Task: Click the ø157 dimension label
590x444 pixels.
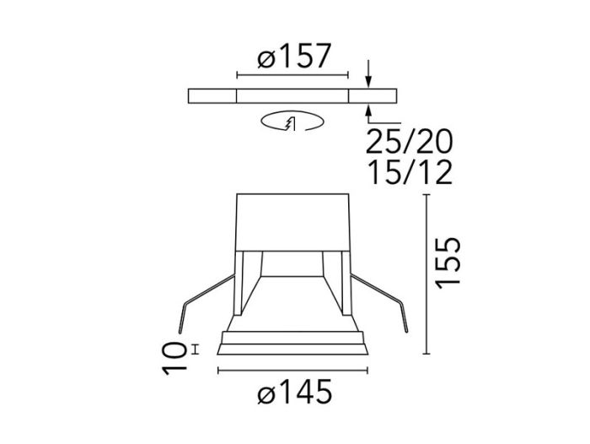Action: point(294,56)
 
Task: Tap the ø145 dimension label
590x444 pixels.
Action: point(295,391)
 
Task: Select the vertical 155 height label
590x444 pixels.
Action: point(448,263)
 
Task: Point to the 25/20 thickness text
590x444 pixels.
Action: point(410,141)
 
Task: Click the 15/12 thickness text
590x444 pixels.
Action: point(410,172)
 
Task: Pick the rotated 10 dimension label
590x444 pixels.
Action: point(174,359)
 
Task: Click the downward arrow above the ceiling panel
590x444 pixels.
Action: point(369,74)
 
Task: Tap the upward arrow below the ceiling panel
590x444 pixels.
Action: point(369,114)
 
